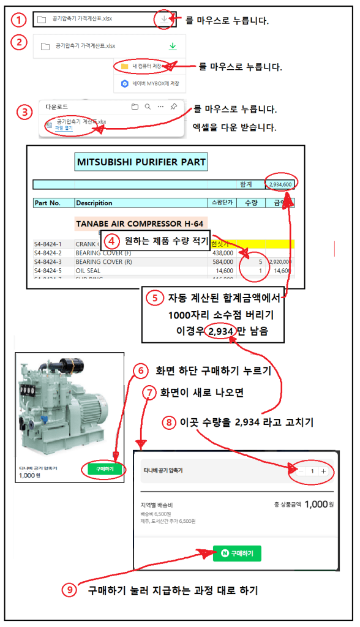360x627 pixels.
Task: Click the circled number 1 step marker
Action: [x=20, y=20]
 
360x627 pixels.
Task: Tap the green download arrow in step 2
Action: [x=173, y=46]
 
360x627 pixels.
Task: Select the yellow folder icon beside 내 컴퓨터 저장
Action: [x=124, y=66]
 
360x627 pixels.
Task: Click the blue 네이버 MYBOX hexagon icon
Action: [x=124, y=84]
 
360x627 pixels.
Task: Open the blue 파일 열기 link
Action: [x=64, y=128]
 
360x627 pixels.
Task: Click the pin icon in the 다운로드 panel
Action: [x=174, y=107]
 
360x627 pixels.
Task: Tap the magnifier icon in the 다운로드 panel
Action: [x=148, y=107]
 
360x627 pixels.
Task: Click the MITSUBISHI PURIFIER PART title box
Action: [x=141, y=162]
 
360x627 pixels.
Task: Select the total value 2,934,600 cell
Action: [x=279, y=184]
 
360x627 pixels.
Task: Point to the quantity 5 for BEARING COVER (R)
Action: [x=260, y=261]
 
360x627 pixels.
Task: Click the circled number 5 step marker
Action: [x=154, y=298]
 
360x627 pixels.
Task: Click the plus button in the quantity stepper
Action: [x=323, y=471]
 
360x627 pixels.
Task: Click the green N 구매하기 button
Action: [x=237, y=554]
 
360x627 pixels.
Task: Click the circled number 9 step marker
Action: [x=71, y=590]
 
